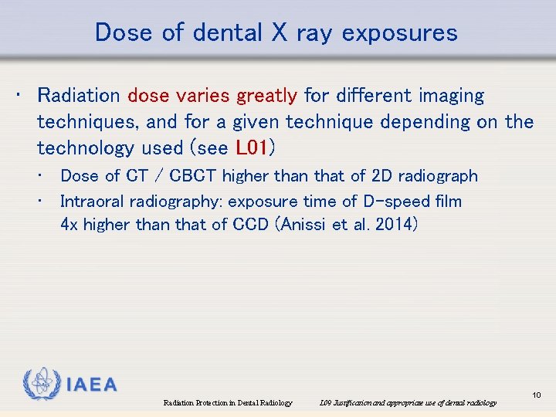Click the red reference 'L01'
(253, 147)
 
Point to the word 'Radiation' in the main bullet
(78, 96)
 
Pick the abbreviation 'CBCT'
(193, 176)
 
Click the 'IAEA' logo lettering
(90, 385)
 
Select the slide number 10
(537, 395)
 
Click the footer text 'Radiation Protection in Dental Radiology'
(228, 402)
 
